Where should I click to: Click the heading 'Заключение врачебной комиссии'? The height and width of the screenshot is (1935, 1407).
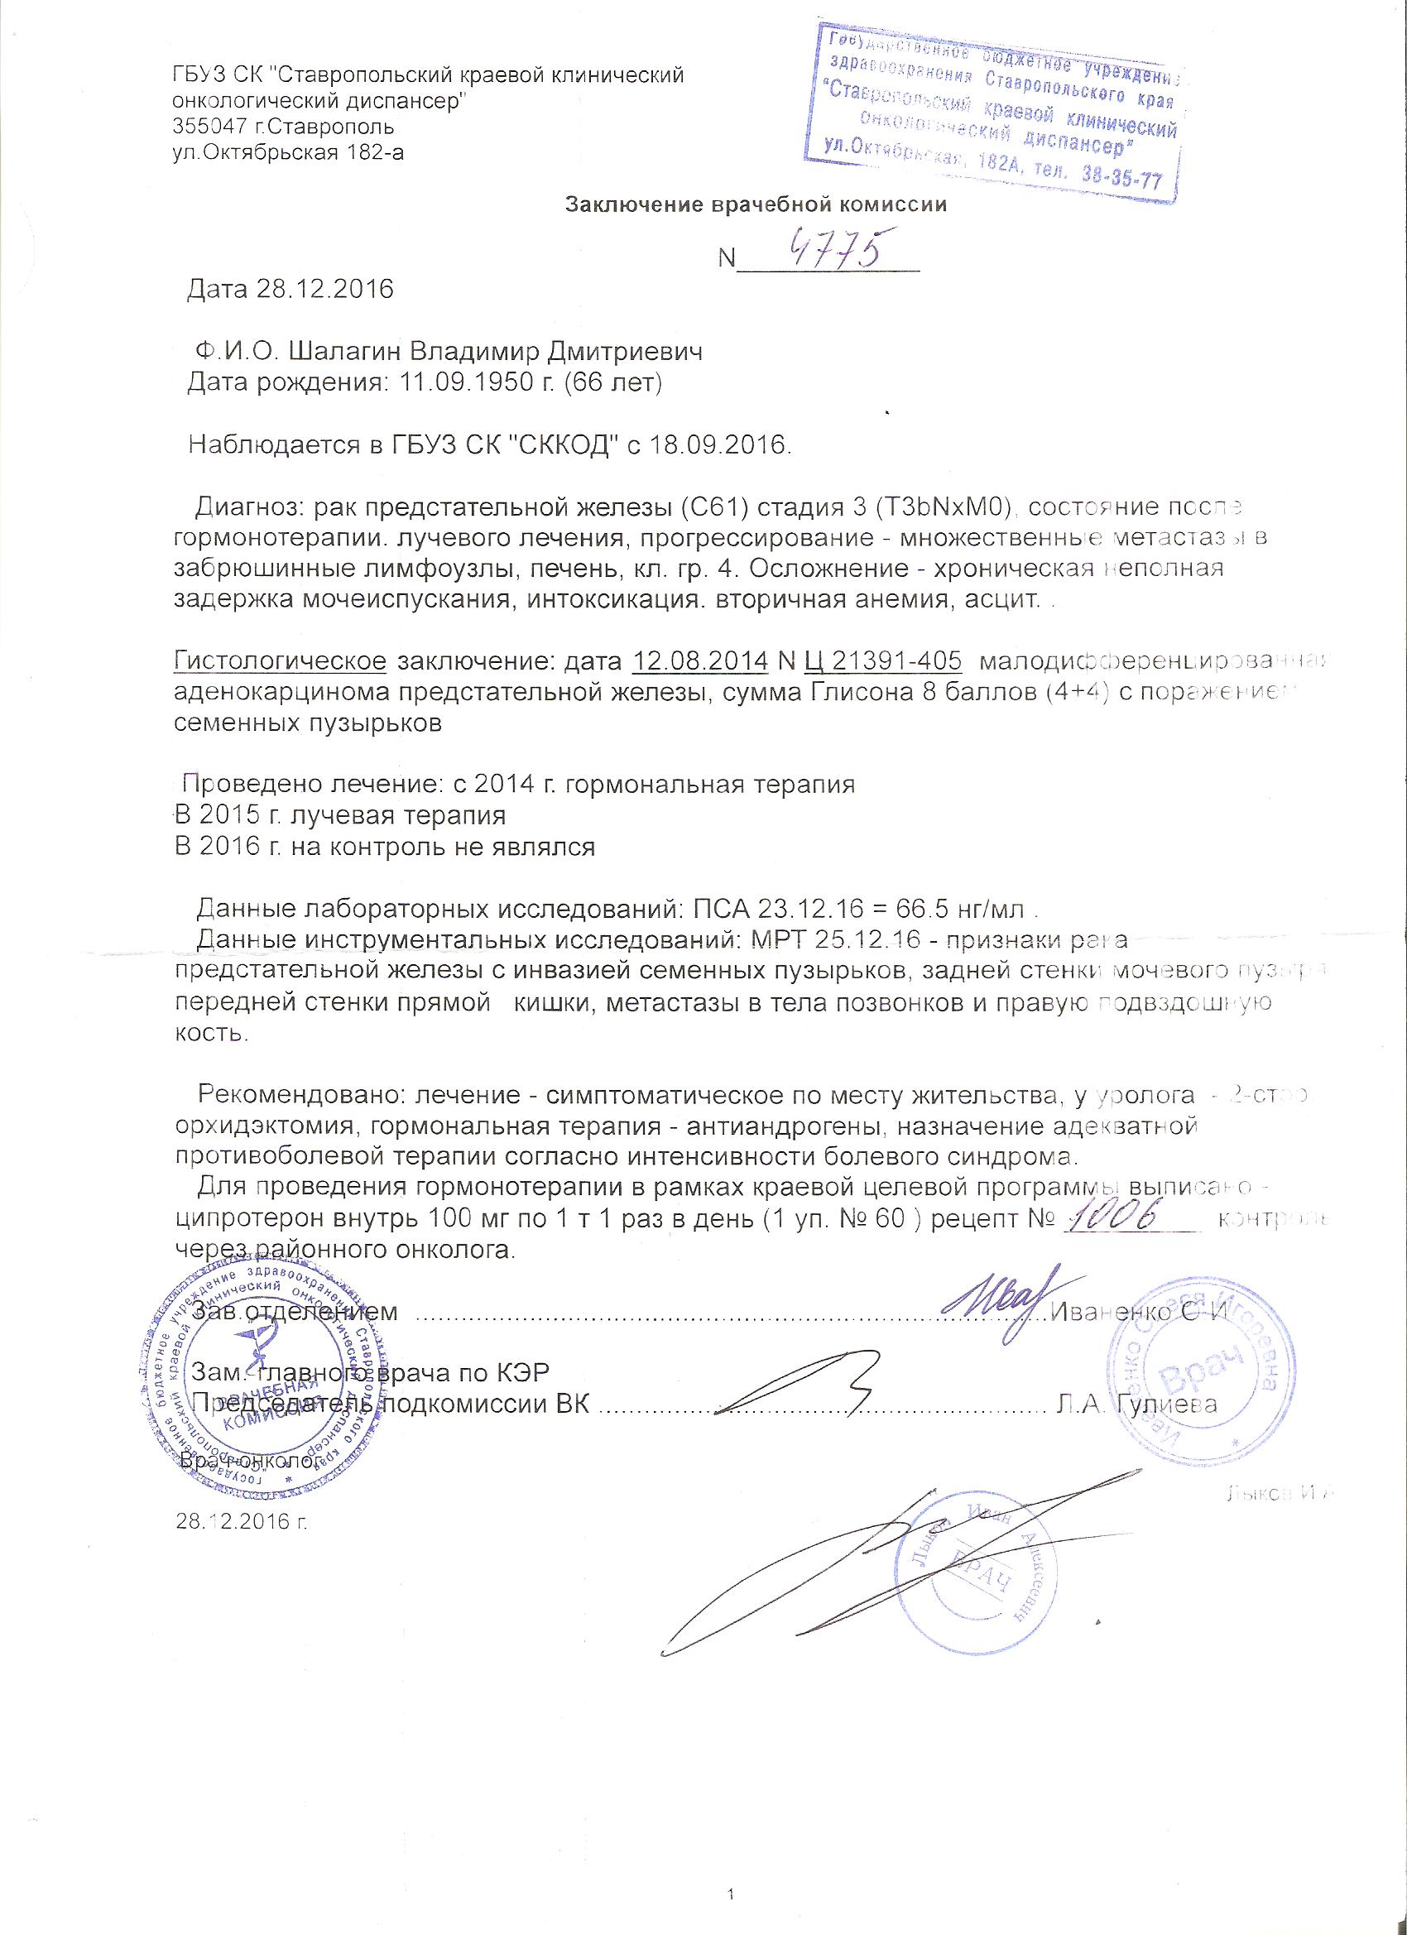click(756, 204)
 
